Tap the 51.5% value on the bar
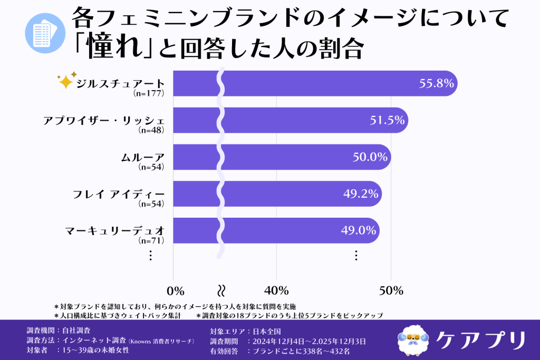387,120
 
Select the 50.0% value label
370,157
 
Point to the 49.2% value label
361,193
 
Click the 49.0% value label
358,230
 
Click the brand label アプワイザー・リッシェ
104,120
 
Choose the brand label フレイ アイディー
119,193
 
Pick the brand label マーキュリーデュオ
115,230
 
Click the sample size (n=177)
150,93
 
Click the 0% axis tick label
175,290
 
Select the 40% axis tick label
276,290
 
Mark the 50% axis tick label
391,290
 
